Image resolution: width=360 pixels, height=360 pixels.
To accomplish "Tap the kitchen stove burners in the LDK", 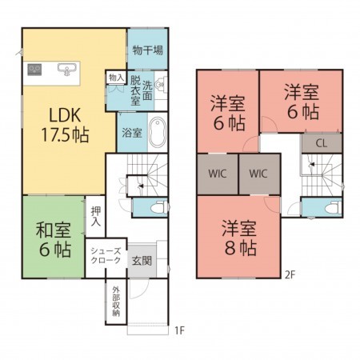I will click(35, 70).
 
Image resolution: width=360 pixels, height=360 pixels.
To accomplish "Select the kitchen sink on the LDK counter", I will click(68, 70).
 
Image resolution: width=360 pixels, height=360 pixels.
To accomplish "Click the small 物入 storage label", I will click(115, 78).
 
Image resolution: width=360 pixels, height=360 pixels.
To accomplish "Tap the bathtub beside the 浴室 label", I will click(158, 131).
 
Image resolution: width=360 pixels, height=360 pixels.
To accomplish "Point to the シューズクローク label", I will click(106, 256).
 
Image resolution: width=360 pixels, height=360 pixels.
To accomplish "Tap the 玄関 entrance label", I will click(142, 260).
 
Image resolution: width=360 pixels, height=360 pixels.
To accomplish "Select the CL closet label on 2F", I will click(321, 144).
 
